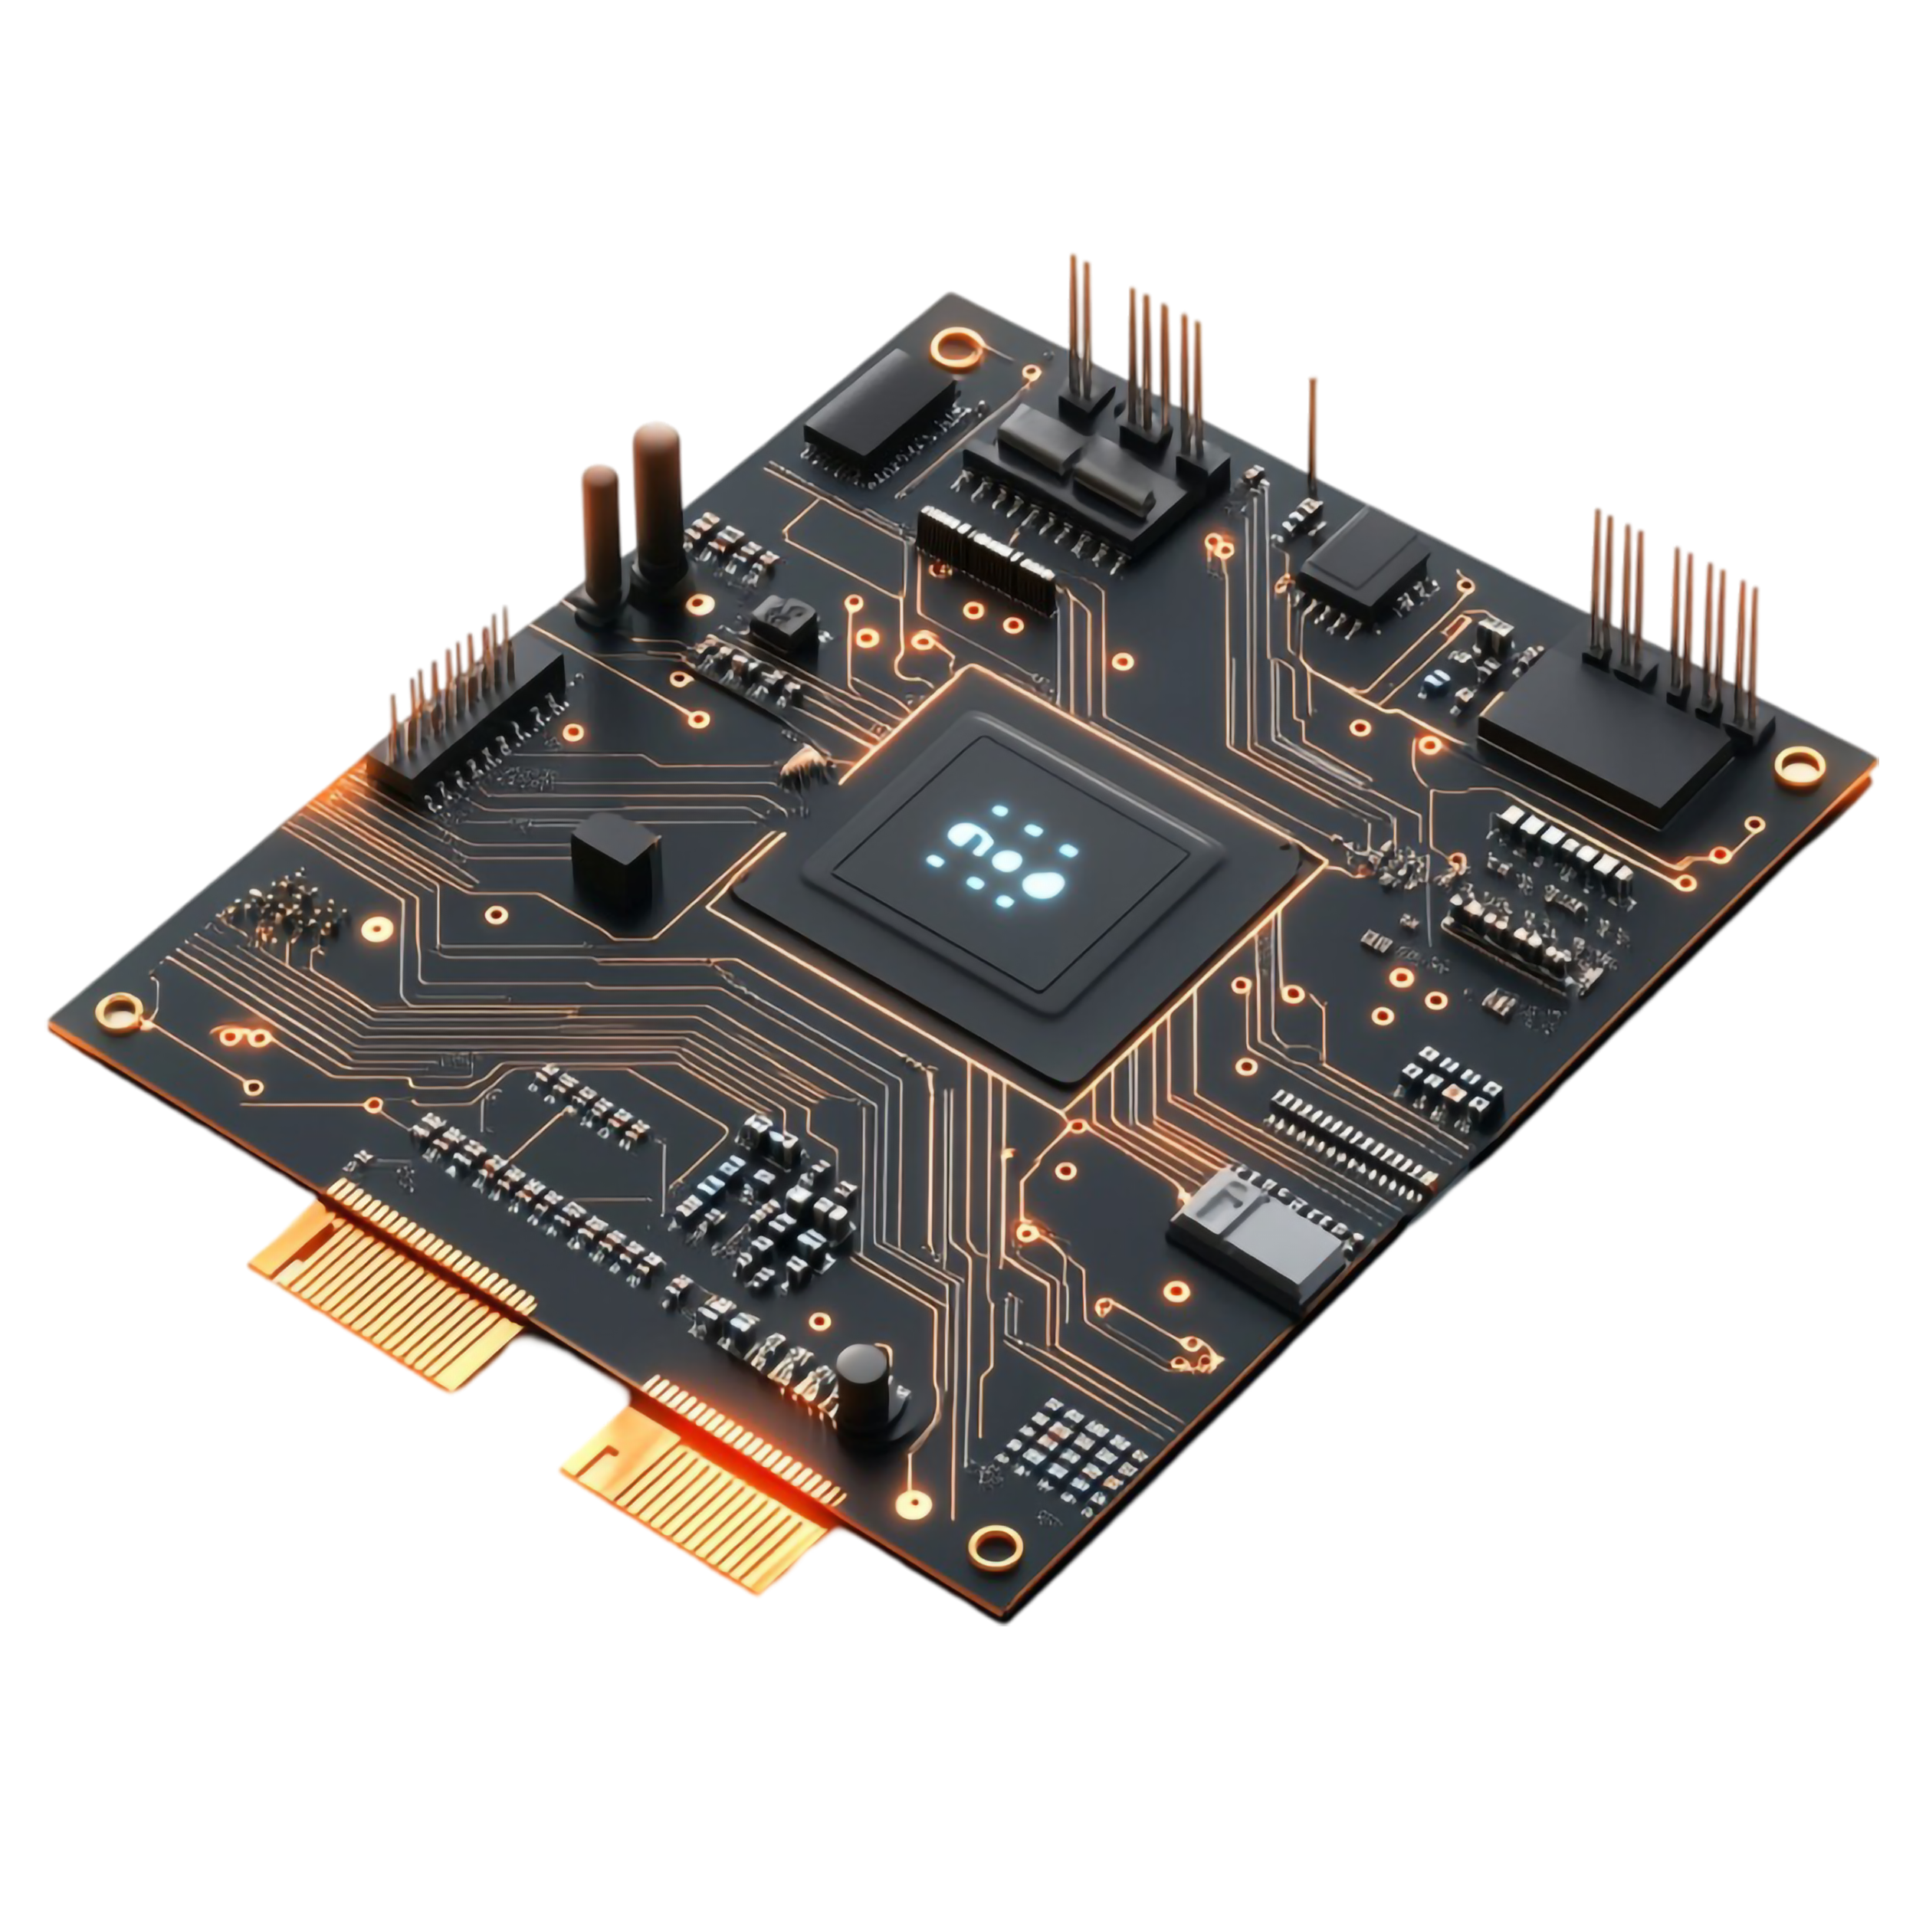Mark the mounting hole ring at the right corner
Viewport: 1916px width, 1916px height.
[1799, 766]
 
